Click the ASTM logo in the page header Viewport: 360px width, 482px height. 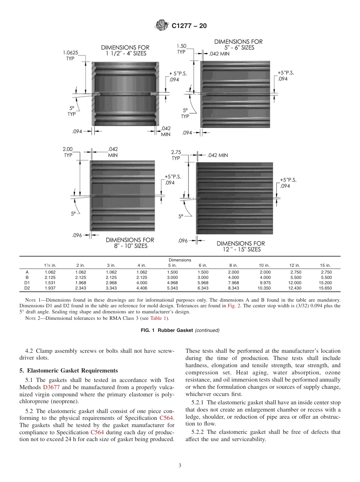pos(161,26)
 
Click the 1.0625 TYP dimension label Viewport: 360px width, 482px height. pos(70,56)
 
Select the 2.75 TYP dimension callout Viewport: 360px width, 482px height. pos(176,155)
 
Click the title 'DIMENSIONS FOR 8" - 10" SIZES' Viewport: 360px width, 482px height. pos(130,243)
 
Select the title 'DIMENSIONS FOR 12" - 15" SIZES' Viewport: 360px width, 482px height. pos(241,246)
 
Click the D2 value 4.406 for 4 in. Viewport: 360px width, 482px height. pos(142,288)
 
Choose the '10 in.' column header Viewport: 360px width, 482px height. pos(264,265)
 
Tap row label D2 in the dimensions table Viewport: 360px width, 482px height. pos(27,288)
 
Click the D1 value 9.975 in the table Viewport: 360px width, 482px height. pos(264,283)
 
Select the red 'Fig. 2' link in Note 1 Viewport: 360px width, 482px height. pos(232,305)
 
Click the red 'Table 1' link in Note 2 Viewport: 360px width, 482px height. pos(157,318)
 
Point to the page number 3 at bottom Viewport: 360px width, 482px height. pos(180,465)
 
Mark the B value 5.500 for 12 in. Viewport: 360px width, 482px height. pos(295,277)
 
